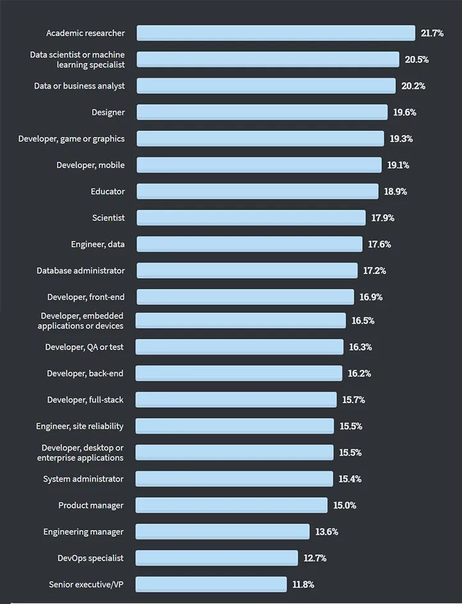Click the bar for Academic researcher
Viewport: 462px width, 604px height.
click(276, 33)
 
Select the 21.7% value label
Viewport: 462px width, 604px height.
click(432, 33)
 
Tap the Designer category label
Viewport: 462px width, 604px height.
click(108, 112)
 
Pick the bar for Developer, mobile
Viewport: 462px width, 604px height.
click(259, 165)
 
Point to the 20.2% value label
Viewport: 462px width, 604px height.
click(413, 86)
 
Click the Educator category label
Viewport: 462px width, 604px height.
click(108, 191)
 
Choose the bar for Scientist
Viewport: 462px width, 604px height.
click(251, 218)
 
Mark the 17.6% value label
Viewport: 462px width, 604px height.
click(379, 244)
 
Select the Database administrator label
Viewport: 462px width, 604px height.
click(81, 270)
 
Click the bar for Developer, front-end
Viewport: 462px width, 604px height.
click(245, 297)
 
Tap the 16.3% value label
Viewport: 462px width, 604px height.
click(360, 347)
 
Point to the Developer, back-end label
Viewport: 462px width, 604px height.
click(85, 373)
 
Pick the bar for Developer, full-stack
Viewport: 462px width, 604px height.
click(236, 400)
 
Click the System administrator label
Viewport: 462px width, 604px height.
click(83, 479)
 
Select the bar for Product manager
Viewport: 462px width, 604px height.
click(232, 506)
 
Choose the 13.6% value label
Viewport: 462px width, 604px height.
click(327, 532)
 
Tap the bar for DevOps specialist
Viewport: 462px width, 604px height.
click(217, 558)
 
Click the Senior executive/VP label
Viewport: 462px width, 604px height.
click(86, 584)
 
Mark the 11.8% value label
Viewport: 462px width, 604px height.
click(303, 584)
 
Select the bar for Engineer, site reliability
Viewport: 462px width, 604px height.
click(235, 426)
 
